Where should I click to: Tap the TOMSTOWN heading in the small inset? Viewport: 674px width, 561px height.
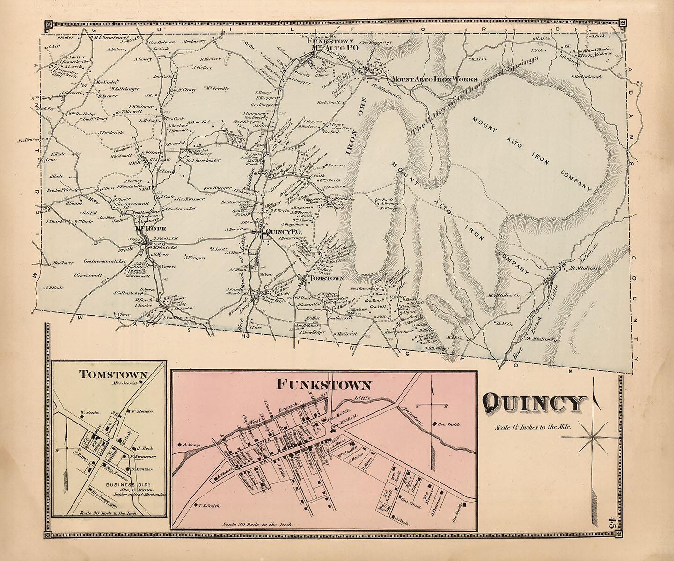tap(113, 374)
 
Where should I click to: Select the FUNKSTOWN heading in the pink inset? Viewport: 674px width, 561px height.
tap(324, 385)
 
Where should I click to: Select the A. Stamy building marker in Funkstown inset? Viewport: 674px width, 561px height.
tap(179, 445)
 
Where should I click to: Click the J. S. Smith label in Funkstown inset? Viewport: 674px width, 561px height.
tap(208, 505)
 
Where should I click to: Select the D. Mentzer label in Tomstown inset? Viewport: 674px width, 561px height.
tap(143, 469)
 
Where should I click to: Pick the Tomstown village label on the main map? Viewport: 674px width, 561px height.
tap(325, 278)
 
